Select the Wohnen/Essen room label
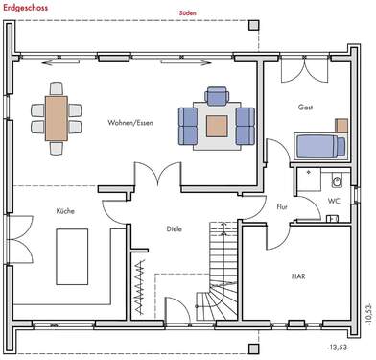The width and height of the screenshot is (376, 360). [131, 123]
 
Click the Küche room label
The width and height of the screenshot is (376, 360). [65, 210]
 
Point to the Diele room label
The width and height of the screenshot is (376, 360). [174, 228]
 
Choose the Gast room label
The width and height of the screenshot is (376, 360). [305, 108]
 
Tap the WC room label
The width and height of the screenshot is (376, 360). [333, 201]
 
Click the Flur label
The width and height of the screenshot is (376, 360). [282, 206]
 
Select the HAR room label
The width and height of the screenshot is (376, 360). [298, 276]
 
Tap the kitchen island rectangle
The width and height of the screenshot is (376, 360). [73, 257]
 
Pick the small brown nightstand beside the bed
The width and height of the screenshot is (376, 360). [341, 126]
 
